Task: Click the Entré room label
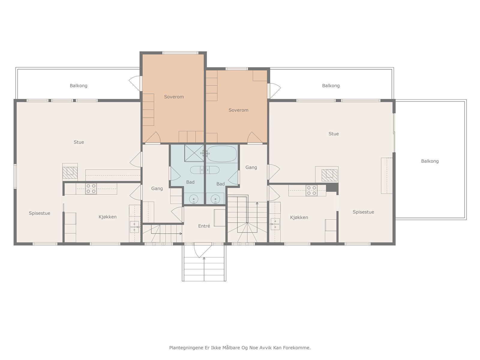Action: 204,226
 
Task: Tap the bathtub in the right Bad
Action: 222,154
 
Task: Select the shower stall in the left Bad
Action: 194,153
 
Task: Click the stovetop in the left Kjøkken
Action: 91,189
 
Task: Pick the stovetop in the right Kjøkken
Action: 311,190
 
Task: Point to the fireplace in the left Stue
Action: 70,173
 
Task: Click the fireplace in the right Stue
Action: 329,175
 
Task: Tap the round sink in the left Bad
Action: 193,199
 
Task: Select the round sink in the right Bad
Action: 215,199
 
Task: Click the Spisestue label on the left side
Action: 40,213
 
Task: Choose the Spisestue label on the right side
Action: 363,212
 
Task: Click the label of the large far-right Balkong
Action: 430,161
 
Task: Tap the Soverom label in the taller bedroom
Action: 174,97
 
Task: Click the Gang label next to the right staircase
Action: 251,167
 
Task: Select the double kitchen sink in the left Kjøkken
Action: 134,227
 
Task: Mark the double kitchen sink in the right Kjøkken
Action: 275,224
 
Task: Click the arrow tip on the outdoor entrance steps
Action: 204,258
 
